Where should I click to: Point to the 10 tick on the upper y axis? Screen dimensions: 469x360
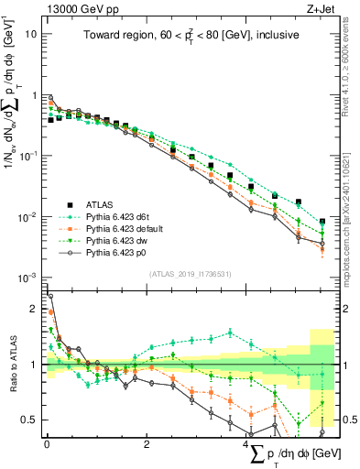click(x=31, y=33)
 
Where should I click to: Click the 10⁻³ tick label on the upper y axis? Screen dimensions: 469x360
click(x=29, y=278)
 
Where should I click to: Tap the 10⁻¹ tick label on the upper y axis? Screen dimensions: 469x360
click(x=29, y=156)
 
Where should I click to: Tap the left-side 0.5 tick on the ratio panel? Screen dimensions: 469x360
click(x=30, y=420)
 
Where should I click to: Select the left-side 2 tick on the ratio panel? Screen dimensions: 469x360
click(x=34, y=309)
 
